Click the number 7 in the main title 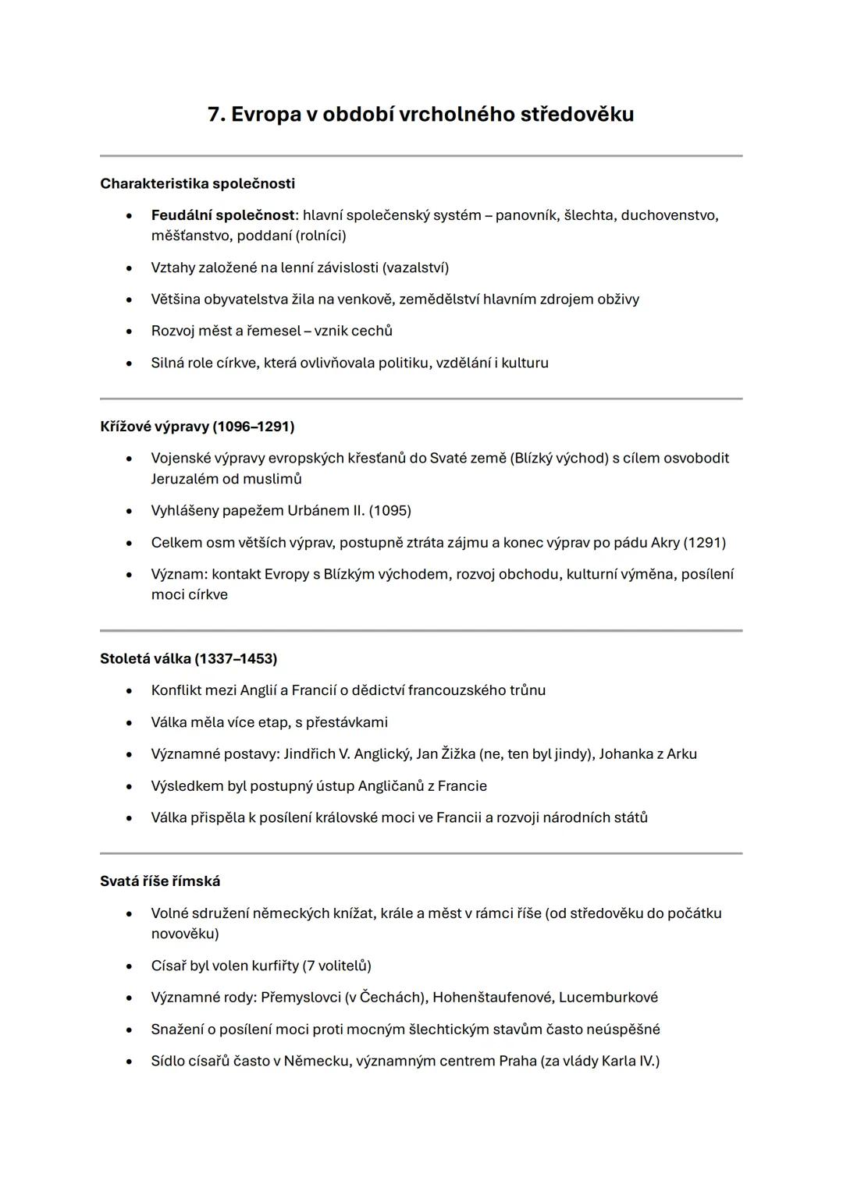point(215,115)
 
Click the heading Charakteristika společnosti point(197,183)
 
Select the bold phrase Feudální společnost point(222,214)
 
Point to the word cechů point(372,331)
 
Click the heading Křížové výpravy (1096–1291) point(197,427)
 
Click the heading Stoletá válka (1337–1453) point(188,658)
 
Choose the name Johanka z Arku point(648,754)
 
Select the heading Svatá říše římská point(160,881)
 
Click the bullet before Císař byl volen point(129,966)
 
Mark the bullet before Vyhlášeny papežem point(129,512)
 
